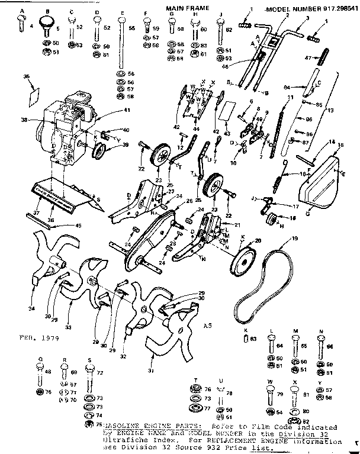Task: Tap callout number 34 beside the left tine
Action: click(x=31, y=308)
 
